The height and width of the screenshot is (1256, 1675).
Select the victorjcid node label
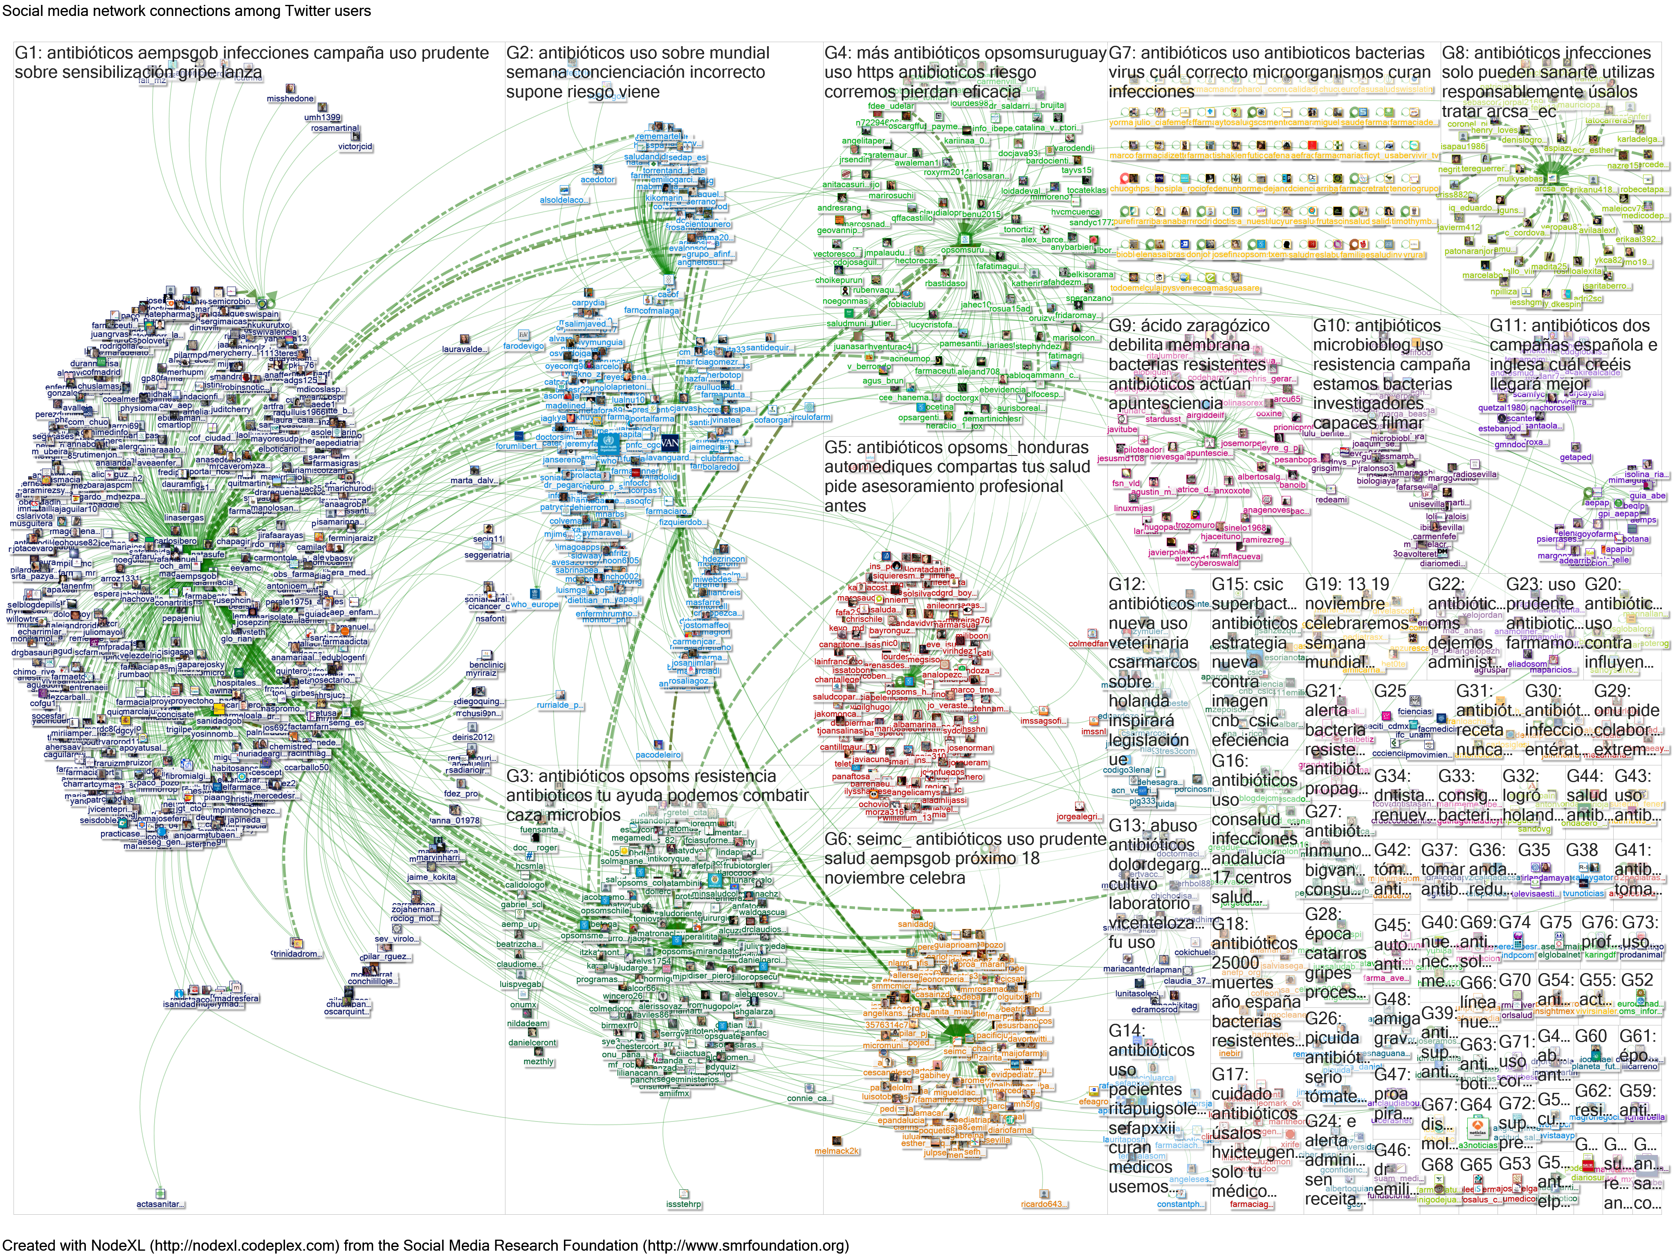[355, 147]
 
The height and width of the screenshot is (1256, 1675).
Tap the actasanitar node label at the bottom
[160, 1204]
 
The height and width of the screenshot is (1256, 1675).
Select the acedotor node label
[597, 180]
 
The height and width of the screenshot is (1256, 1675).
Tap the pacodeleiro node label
[658, 755]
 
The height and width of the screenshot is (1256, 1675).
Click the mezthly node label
[539, 1061]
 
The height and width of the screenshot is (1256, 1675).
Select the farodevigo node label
[523, 346]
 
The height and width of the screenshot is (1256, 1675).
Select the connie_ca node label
[809, 1098]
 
